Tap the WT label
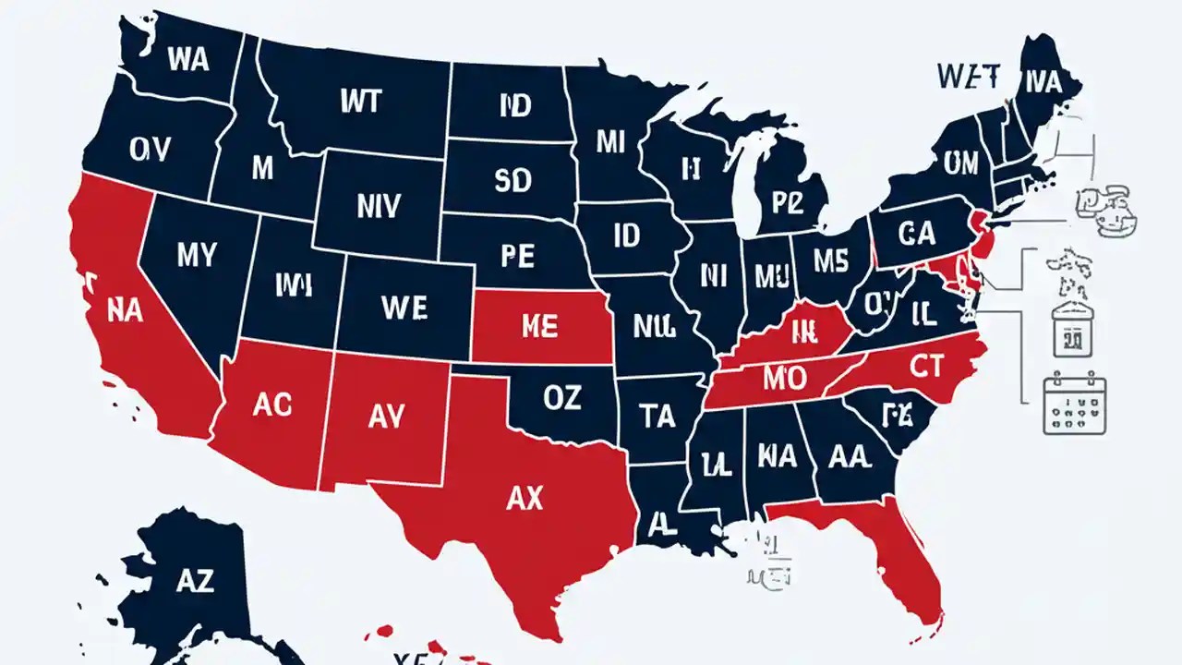point(360,101)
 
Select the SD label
point(513,181)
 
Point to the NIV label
point(378,206)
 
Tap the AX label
point(525,499)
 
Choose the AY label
point(386,417)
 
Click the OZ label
point(562,398)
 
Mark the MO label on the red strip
point(787,378)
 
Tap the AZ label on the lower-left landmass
point(194,581)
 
